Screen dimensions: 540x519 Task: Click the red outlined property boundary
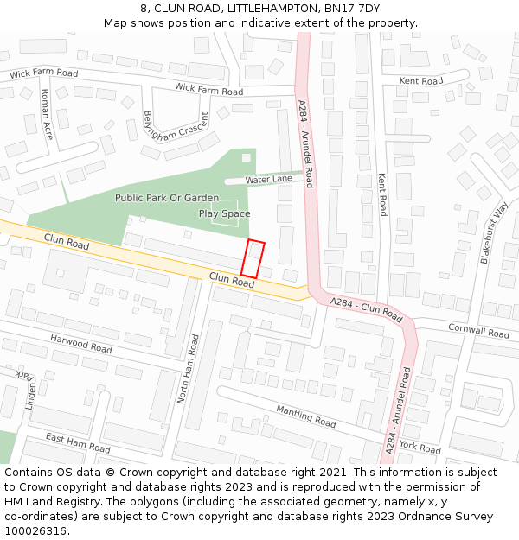point(253,259)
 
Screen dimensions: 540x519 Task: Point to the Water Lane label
point(268,180)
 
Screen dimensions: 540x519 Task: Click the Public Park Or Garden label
point(167,198)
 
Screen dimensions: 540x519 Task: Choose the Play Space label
point(224,213)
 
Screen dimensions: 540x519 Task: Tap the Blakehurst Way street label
point(494,232)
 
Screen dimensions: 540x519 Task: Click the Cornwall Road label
point(478,330)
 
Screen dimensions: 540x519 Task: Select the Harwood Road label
point(80,344)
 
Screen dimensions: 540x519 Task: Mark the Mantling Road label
point(305,416)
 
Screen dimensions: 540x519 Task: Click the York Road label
point(420,448)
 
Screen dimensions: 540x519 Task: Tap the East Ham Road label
point(78,443)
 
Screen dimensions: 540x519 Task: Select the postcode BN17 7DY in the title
point(351,8)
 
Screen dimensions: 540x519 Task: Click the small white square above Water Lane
point(246,157)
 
